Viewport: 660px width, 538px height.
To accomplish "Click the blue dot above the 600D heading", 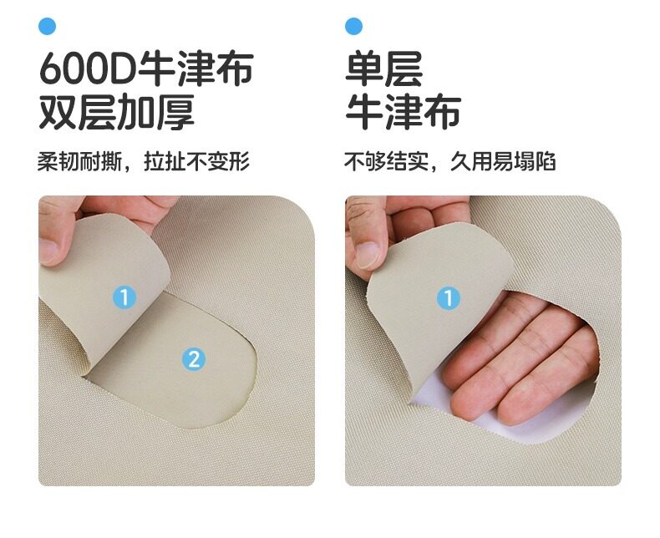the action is pyautogui.click(x=47, y=26).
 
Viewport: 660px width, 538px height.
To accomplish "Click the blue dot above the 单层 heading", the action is pyautogui.click(x=353, y=26).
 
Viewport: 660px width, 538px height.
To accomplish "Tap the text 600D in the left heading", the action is pyautogui.click(x=87, y=69).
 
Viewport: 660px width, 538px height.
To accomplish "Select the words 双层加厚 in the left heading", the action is pyautogui.click(x=117, y=112).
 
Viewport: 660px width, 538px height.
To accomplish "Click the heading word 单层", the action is pyautogui.click(x=383, y=69).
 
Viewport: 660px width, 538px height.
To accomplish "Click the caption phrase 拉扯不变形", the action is pyautogui.click(x=196, y=161).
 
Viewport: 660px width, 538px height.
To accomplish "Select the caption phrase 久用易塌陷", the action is pyautogui.click(x=503, y=161).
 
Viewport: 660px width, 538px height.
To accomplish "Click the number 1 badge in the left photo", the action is pyautogui.click(x=124, y=297).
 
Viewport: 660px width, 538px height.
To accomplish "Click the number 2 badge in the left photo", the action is pyautogui.click(x=194, y=360).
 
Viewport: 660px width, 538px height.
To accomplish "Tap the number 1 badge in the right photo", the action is pyautogui.click(x=449, y=298).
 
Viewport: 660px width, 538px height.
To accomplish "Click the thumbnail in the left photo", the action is pyautogui.click(x=48, y=252).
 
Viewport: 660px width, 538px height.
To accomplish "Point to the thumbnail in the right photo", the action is pyautogui.click(x=368, y=256).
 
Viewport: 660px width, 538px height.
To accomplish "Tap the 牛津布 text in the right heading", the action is pyautogui.click(x=404, y=112).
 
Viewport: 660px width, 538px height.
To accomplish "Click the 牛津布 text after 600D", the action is pyautogui.click(x=195, y=69).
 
